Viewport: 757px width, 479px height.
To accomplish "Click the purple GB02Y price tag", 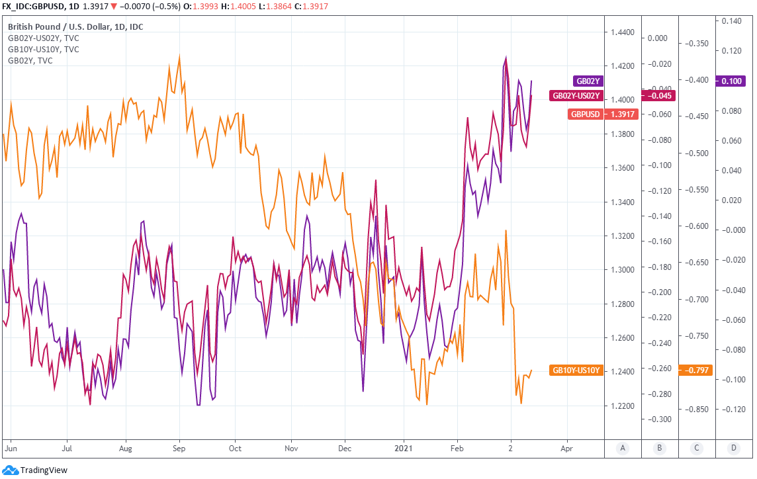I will pos(588,81).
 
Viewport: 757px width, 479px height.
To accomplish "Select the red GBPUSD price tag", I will pos(585,114).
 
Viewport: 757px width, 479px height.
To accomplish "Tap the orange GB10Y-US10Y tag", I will pos(575,370).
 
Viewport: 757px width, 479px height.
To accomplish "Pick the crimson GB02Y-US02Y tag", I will pos(575,96).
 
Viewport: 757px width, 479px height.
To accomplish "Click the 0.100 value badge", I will pos(731,81).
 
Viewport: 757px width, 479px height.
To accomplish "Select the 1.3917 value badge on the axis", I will pos(622,114).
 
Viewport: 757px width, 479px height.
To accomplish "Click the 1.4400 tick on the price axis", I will pos(623,32).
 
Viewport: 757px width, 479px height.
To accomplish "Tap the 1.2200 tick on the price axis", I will pos(623,406).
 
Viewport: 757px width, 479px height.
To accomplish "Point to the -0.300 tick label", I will pos(659,419).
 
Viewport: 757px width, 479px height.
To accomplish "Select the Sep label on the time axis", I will pos(178,448).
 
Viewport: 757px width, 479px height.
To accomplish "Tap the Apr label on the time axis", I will pos(567,448).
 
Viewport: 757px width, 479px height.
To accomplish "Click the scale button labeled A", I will pos(623,449).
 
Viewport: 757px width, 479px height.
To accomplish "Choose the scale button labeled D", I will pos(734,449).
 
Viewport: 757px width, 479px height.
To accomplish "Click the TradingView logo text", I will pos(44,470).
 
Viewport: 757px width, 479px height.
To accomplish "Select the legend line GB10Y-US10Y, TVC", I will pos(43,49).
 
